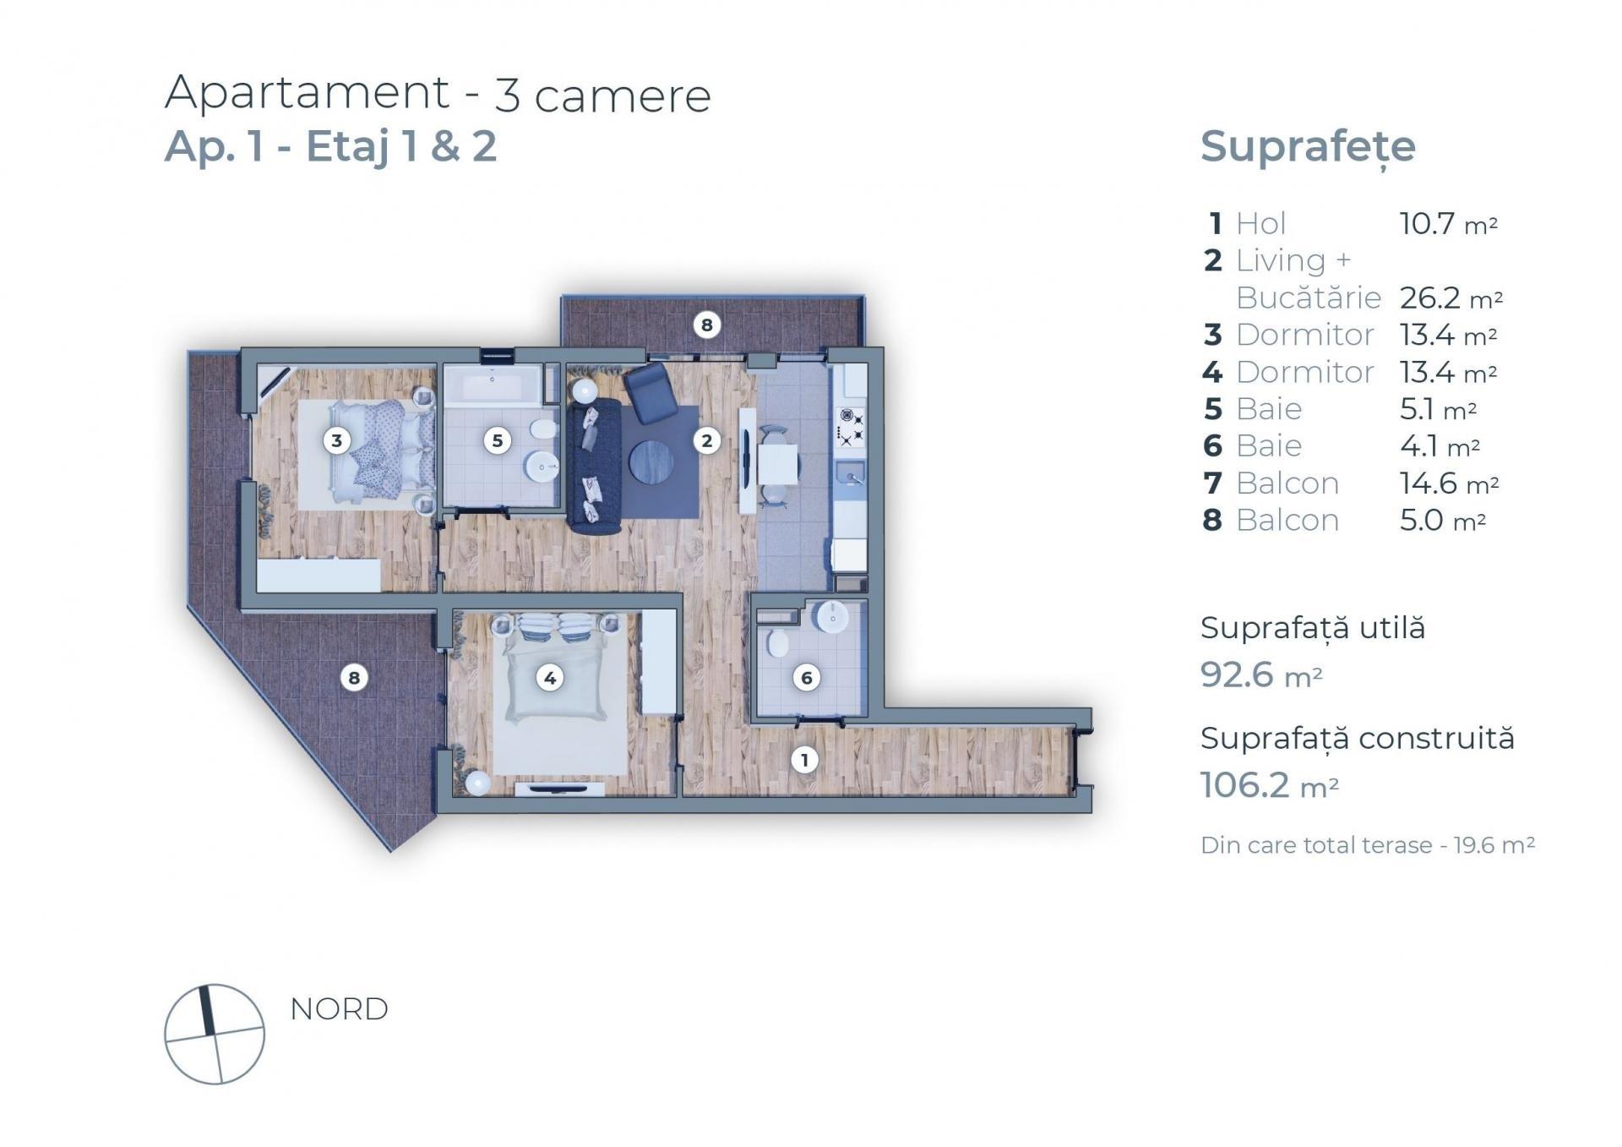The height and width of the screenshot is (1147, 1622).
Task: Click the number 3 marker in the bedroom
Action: [337, 440]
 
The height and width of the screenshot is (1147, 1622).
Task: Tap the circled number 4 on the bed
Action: [550, 677]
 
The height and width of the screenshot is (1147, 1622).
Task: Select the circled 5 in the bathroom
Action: [498, 440]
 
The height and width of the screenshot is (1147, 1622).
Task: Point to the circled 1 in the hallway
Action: [804, 760]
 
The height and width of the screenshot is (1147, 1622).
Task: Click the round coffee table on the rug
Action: [651, 462]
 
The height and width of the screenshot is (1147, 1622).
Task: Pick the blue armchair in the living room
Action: [650, 392]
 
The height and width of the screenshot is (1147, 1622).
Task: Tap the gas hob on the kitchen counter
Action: [850, 426]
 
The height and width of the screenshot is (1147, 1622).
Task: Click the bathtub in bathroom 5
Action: [493, 386]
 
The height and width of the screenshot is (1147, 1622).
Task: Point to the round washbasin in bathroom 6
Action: [833, 616]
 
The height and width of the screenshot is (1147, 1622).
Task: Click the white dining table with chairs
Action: [776, 466]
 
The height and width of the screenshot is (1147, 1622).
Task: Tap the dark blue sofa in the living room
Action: [594, 466]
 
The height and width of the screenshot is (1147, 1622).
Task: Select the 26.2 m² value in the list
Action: [1451, 298]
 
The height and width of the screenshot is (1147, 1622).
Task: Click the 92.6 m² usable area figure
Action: [1260, 675]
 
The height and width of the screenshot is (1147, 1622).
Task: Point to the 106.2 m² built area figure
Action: [1269, 785]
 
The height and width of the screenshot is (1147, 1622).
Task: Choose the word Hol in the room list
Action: [1260, 224]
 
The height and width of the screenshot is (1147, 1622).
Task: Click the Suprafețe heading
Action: [1308, 147]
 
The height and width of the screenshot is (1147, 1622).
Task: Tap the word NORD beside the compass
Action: [339, 1008]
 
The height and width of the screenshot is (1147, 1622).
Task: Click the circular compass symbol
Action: [215, 1034]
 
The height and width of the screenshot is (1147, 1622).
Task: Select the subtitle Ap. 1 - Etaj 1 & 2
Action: [330, 146]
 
